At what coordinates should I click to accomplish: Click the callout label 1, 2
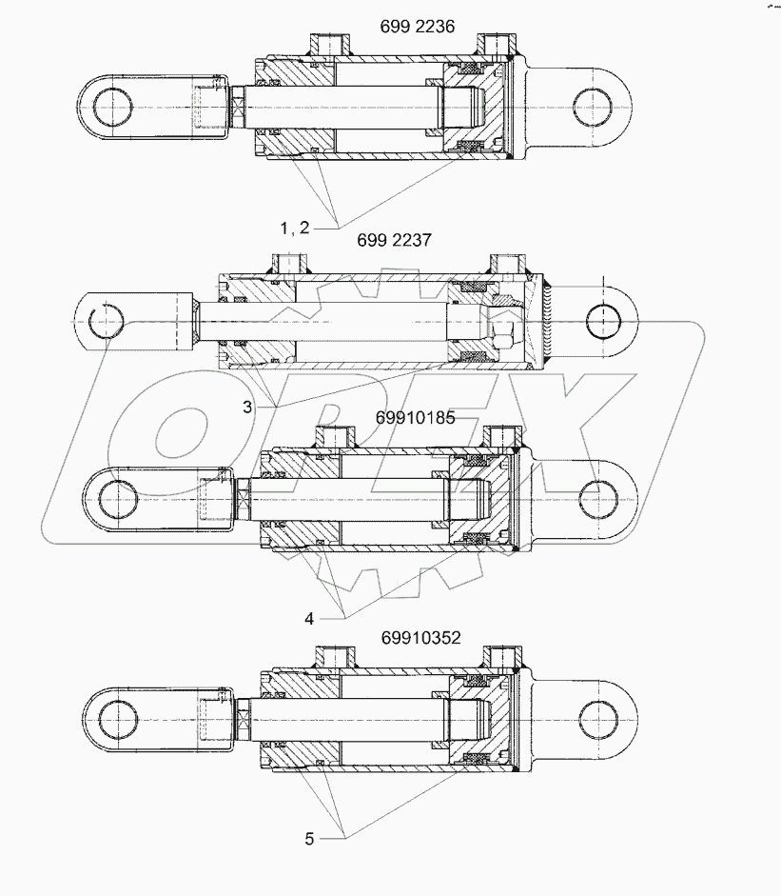coord(295,227)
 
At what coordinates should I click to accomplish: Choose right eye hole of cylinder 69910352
coord(596,716)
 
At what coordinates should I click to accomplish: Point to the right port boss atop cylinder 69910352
coord(500,657)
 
